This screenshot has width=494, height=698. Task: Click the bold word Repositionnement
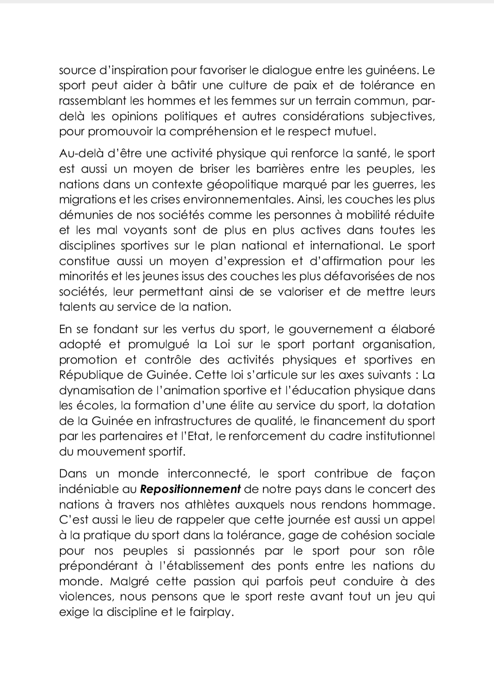[x=190, y=489]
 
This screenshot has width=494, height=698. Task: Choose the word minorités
[x=86, y=276]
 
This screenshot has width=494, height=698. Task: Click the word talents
[x=76, y=307]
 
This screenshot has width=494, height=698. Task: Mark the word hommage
[x=403, y=505]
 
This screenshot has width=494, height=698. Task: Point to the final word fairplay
[x=211, y=612]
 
